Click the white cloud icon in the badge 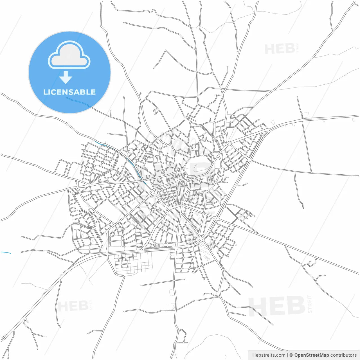click(69, 55)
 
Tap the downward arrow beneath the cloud click(66, 77)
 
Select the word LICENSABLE click(69, 92)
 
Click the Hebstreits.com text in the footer click(269, 355)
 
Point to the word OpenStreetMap click(311, 355)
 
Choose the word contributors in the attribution click(343, 355)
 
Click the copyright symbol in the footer click(291, 355)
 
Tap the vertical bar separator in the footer click(287, 355)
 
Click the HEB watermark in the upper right click(280, 49)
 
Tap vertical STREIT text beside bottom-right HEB click(310, 304)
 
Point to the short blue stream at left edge click(6, 253)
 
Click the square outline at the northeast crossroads click(306, 115)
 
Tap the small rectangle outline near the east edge click(353, 120)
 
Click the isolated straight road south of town click(163, 282)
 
